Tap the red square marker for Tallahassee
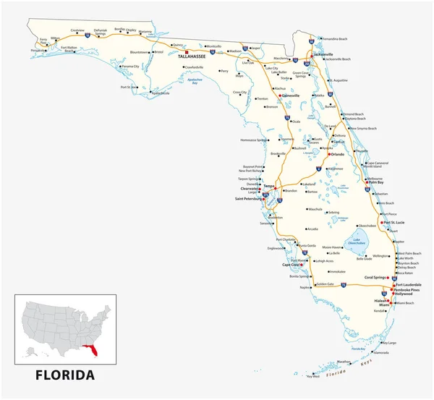coord(187,53)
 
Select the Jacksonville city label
coord(323,54)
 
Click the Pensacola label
coord(41,51)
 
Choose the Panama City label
coord(130,67)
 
